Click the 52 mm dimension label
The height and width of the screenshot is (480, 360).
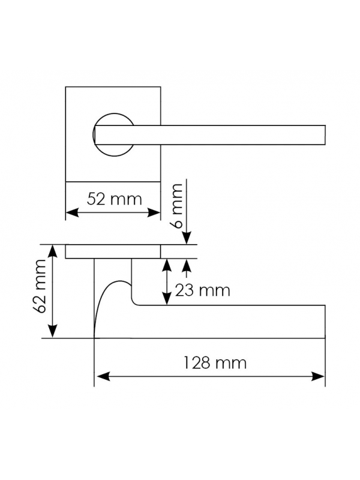tap(115, 199)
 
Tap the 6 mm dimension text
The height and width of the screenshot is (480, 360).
tap(177, 206)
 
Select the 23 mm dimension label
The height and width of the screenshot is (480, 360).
tap(202, 290)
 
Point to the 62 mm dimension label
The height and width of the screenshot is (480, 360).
tap(40, 286)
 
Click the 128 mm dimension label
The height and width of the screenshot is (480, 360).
tap(215, 363)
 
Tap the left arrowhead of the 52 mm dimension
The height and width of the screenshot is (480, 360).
tap(72, 212)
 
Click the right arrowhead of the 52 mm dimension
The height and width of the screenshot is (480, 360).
tap(154, 212)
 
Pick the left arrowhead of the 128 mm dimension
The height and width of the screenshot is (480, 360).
tap(103, 377)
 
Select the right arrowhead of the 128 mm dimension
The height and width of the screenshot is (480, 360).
tap(318, 377)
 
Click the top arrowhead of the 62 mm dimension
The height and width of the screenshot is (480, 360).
tap(53, 251)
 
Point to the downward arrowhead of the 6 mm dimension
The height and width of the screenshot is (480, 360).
tap(187, 238)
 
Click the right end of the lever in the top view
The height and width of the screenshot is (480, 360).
tap(325, 134)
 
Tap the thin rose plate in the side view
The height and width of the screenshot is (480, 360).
tap(113, 251)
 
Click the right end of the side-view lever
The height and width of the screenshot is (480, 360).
tap(325, 322)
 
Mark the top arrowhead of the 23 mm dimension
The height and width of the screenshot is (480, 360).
tap(167, 265)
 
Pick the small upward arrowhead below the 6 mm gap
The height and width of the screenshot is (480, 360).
tap(187, 265)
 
